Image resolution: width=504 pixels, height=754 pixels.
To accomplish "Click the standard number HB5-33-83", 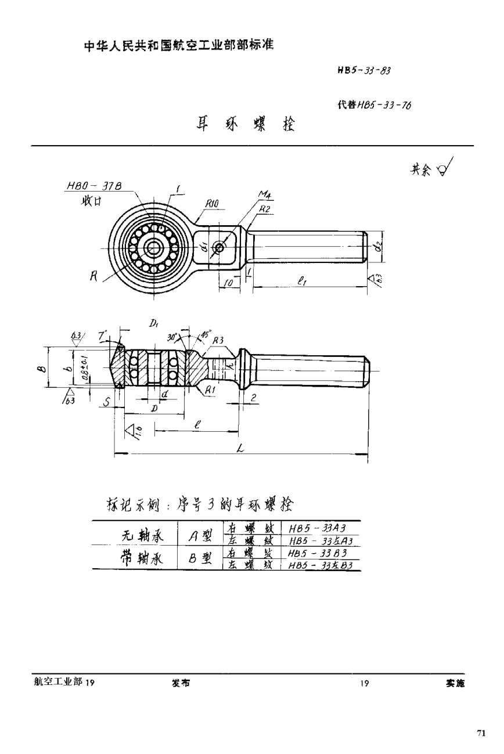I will [x=363, y=71].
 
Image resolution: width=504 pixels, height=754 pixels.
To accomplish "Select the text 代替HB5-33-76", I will [x=374, y=106].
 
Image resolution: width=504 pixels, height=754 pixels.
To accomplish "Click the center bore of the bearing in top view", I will [x=154, y=248].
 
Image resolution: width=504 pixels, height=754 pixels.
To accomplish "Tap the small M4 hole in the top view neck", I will [x=219, y=248].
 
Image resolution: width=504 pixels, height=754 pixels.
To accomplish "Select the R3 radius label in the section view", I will [x=217, y=341].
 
